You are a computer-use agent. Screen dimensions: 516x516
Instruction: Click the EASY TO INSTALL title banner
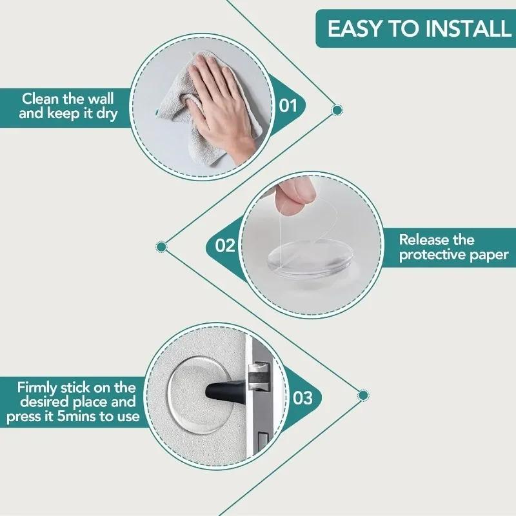click(x=416, y=28)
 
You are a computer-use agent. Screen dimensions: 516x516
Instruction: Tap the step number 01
click(x=288, y=104)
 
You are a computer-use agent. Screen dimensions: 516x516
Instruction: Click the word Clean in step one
click(x=40, y=99)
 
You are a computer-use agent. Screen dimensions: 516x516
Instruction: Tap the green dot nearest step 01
click(x=336, y=110)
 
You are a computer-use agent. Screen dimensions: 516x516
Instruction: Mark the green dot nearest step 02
click(x=161, y=246)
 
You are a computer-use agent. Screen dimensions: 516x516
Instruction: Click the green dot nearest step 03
click(x=363, y=394)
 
